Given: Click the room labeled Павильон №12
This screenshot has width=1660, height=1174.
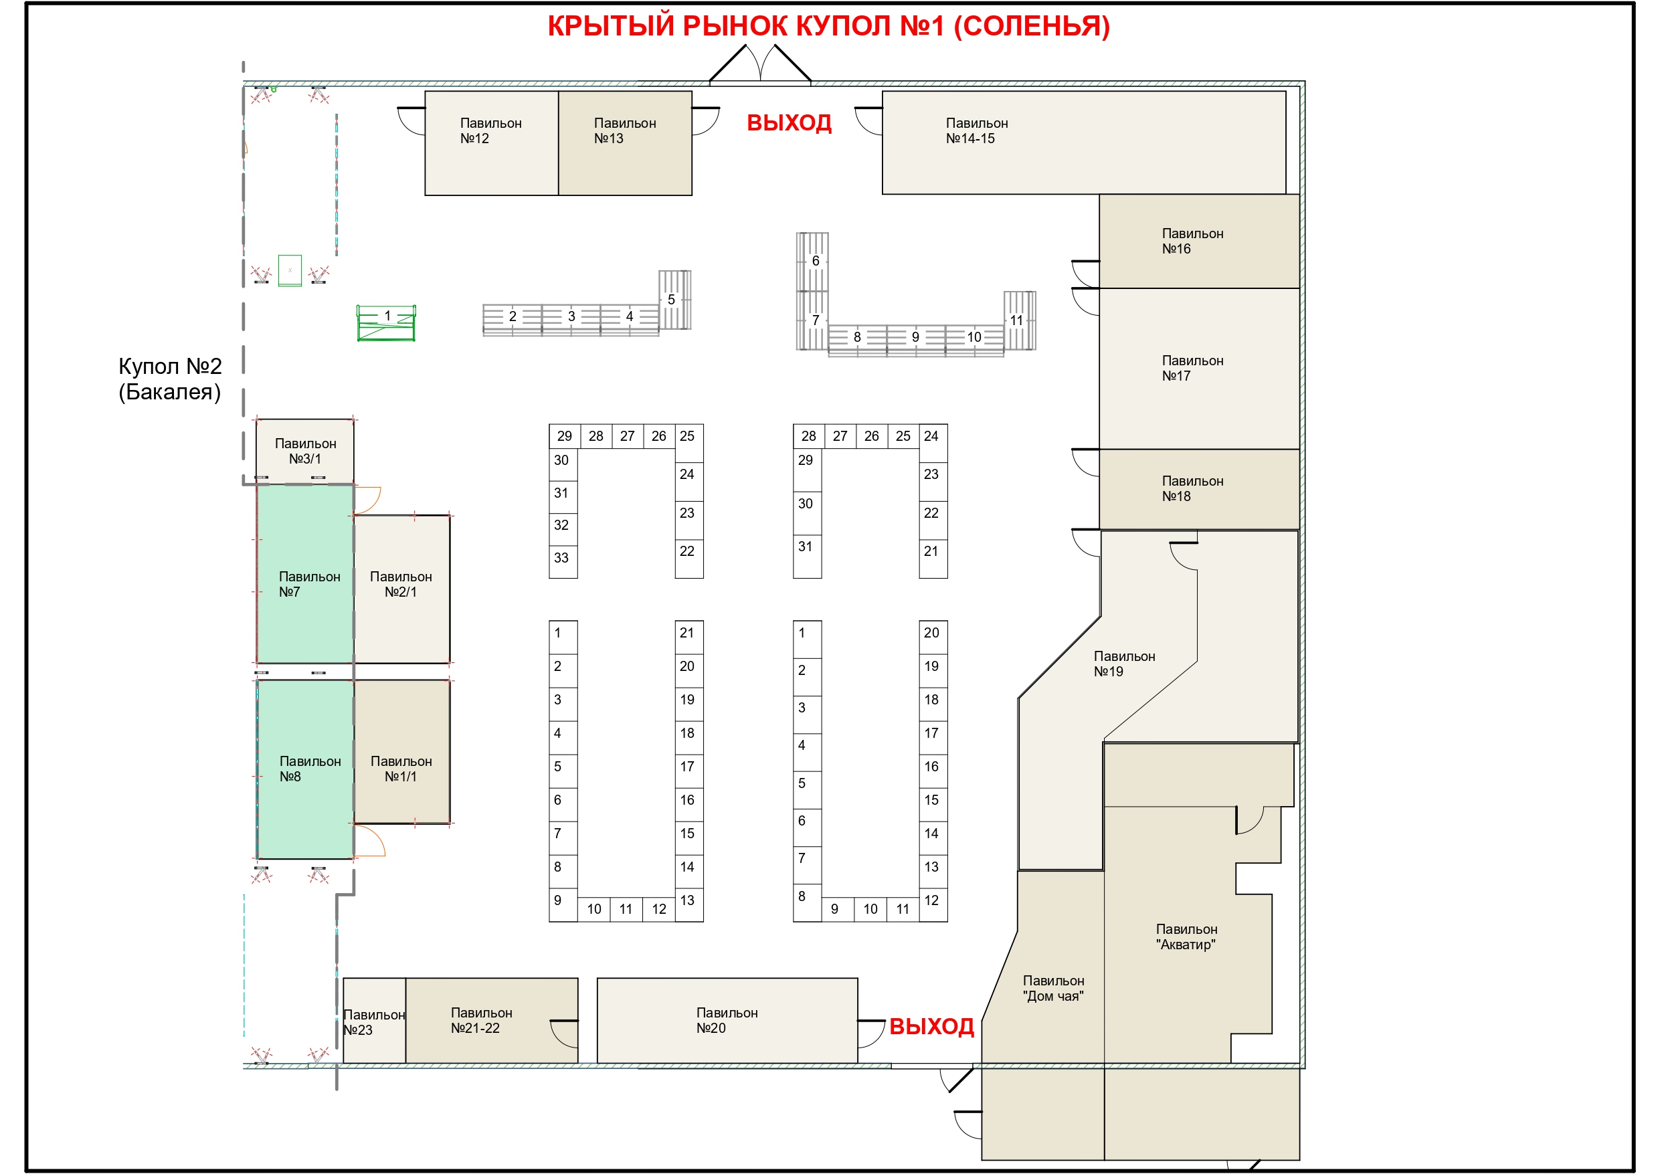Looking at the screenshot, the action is [491, 142].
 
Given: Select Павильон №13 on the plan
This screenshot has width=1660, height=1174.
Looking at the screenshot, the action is [625, 142].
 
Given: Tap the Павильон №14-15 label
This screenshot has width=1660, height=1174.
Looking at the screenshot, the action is [977, 131].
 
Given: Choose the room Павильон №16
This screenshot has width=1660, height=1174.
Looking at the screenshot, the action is [1199, 241].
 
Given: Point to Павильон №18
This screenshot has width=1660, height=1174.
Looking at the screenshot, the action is [1199, 489].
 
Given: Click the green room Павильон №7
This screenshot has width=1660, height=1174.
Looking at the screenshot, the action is [305, 573].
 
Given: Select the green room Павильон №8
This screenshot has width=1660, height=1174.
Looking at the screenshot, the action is [305, 769].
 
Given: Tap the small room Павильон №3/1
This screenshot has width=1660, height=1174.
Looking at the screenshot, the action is [304, 451].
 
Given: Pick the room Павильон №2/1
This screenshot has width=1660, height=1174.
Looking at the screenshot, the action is [401, 589].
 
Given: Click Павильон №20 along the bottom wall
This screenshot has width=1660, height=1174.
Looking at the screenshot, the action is [727, 1020].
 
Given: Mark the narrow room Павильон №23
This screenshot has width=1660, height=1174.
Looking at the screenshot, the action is [374, 1020].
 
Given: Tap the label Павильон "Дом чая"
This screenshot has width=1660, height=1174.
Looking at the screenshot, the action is [1053, 988].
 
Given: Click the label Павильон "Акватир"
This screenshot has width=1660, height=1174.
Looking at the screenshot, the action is [1186, 937].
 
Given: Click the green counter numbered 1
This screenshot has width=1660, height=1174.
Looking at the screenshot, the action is [386, 322].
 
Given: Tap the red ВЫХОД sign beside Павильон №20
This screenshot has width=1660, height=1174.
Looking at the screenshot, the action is [931, 1027].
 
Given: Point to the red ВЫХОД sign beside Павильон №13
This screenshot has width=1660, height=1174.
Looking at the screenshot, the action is [789, 123].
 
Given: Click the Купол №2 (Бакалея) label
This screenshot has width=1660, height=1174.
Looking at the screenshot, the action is [170, 379].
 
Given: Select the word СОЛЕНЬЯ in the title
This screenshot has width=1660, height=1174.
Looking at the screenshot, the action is [1032, 26].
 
